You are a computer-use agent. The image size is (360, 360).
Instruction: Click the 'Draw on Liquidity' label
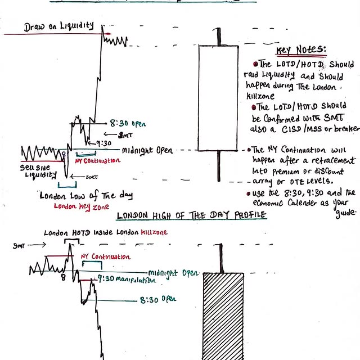pyautogui.click(x=59, y=26)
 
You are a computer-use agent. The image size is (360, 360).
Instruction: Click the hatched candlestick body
pyautogui.click(x=223, y=315)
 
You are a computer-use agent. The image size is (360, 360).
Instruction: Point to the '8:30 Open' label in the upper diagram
pyautogui.click(x=128, y=122)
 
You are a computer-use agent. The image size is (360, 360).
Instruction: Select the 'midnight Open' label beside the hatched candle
pyautogui.click(x=174, y=272)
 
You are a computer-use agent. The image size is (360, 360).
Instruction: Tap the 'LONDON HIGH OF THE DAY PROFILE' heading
pyautogui.click(x=191, y=216)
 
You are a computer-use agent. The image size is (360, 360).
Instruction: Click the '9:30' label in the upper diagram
pyautogui.click(x=104, y=143)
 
